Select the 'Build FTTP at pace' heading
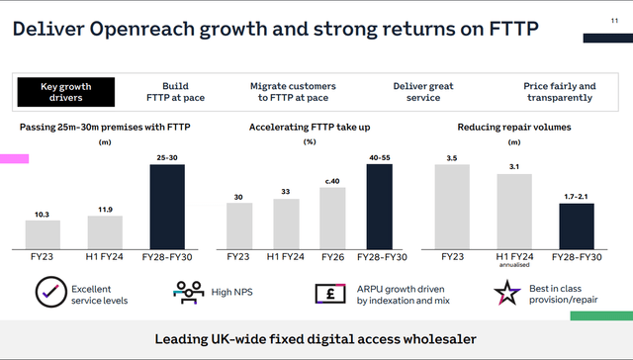pyautogui.click(x=182, y=93)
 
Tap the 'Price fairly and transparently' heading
pyautogui.click(x=560, y=93)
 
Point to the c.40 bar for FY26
pyautogui.click(x=332, y=218)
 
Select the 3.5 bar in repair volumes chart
pyautogui.click(x=452, y=206)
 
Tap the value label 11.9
pyautogui.click(x=105, y=209)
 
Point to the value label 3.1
pyautogui.click(x=514, y=167)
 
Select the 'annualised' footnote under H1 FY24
pyautogui.click(x=514, y=265)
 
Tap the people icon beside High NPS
pyautogui.click(x=187, y=293)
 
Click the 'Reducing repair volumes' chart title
pyautogui.click(x=514, y=128)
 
